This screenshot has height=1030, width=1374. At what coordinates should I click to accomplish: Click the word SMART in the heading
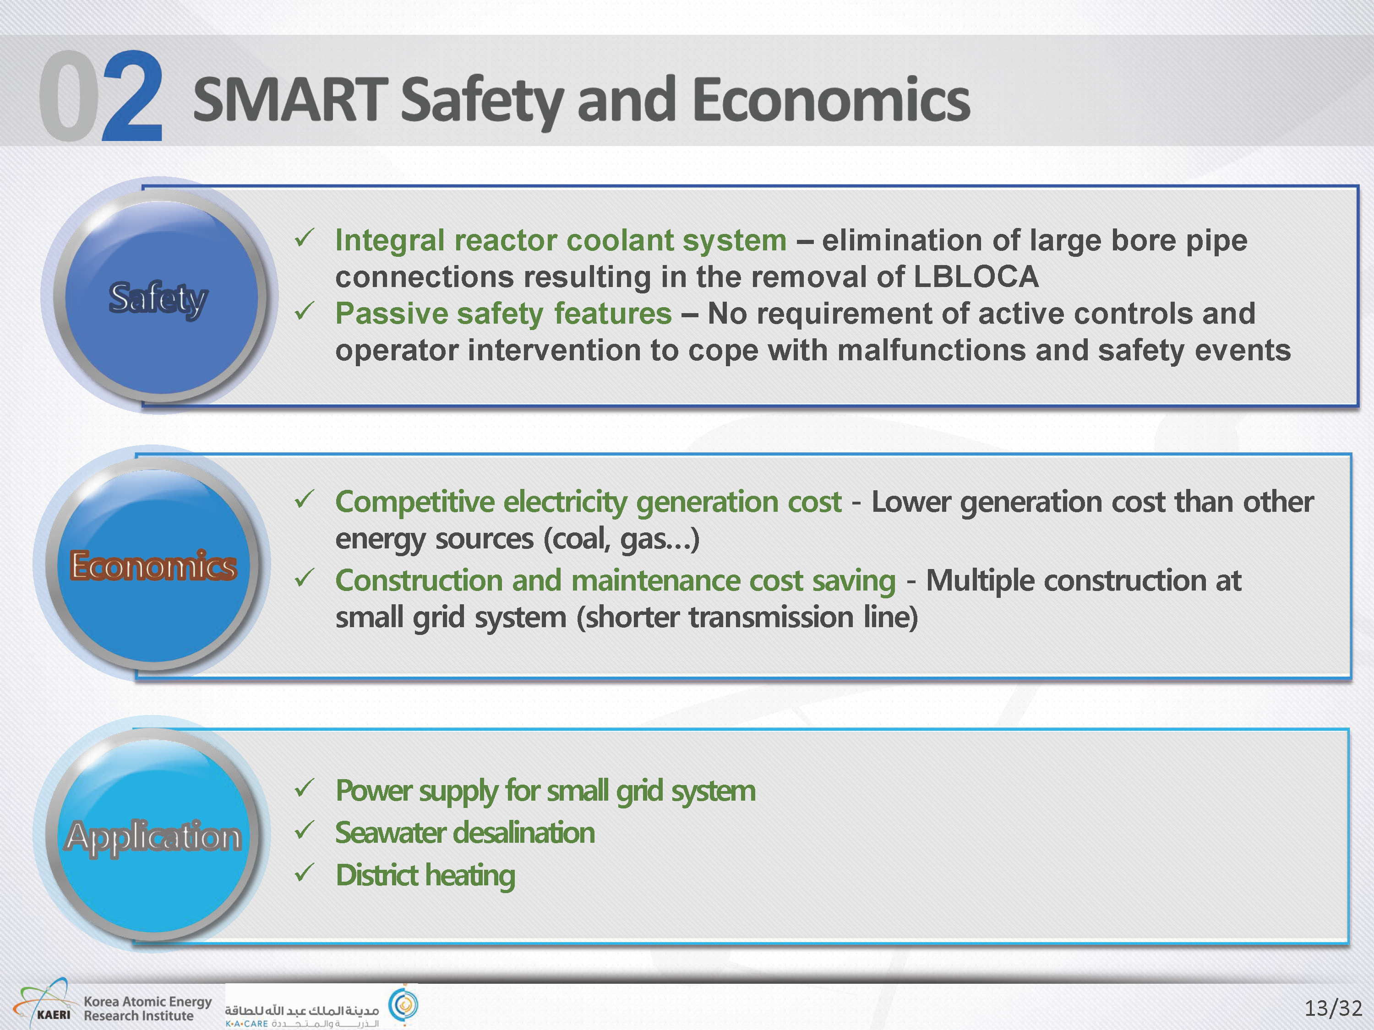point(291,99)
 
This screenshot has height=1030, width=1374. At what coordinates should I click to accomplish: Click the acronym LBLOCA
point(976,277)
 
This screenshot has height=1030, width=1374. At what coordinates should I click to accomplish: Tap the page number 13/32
point(1332,1007)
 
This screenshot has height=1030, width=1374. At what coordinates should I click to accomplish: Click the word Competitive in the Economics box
point(415,502)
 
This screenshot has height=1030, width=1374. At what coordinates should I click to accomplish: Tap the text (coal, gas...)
point(621,539)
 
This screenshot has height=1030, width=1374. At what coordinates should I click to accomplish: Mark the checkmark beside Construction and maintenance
point(305,578)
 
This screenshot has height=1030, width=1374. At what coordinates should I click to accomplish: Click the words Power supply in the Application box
point(417,791)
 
